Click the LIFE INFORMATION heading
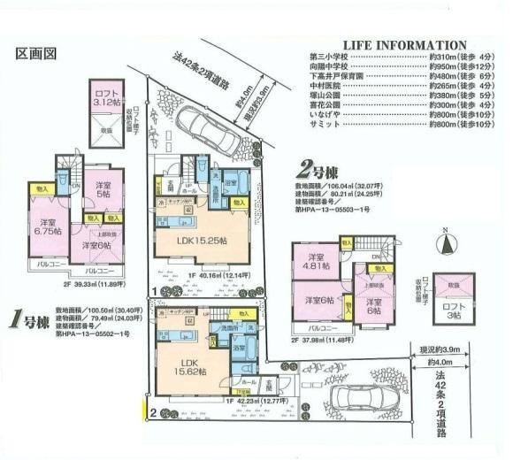(403, 44)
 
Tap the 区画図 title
(36, 53)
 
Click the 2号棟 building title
(316, 166)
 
